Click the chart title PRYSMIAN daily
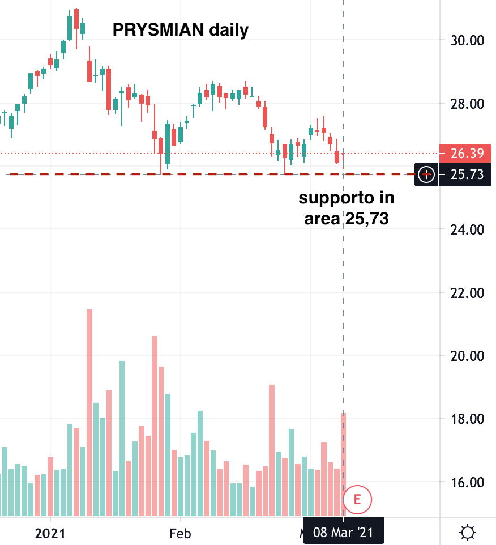pos(181,29)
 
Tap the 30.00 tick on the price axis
pos(468,41)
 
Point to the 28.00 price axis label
pos(468,104)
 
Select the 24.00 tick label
pos(468,229)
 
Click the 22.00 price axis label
pos(468,293)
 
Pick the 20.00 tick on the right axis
pos(468,356)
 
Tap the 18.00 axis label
pos(468,419)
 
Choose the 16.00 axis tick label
pos(468,482)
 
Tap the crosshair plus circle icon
pos(426,174)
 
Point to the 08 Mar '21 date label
pos(343,533)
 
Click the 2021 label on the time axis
pos(50,533)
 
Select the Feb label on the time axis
pos(180,533)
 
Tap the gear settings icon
pos(468,533)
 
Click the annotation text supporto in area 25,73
pos(347,208)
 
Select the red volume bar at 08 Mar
pos(343,465)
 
